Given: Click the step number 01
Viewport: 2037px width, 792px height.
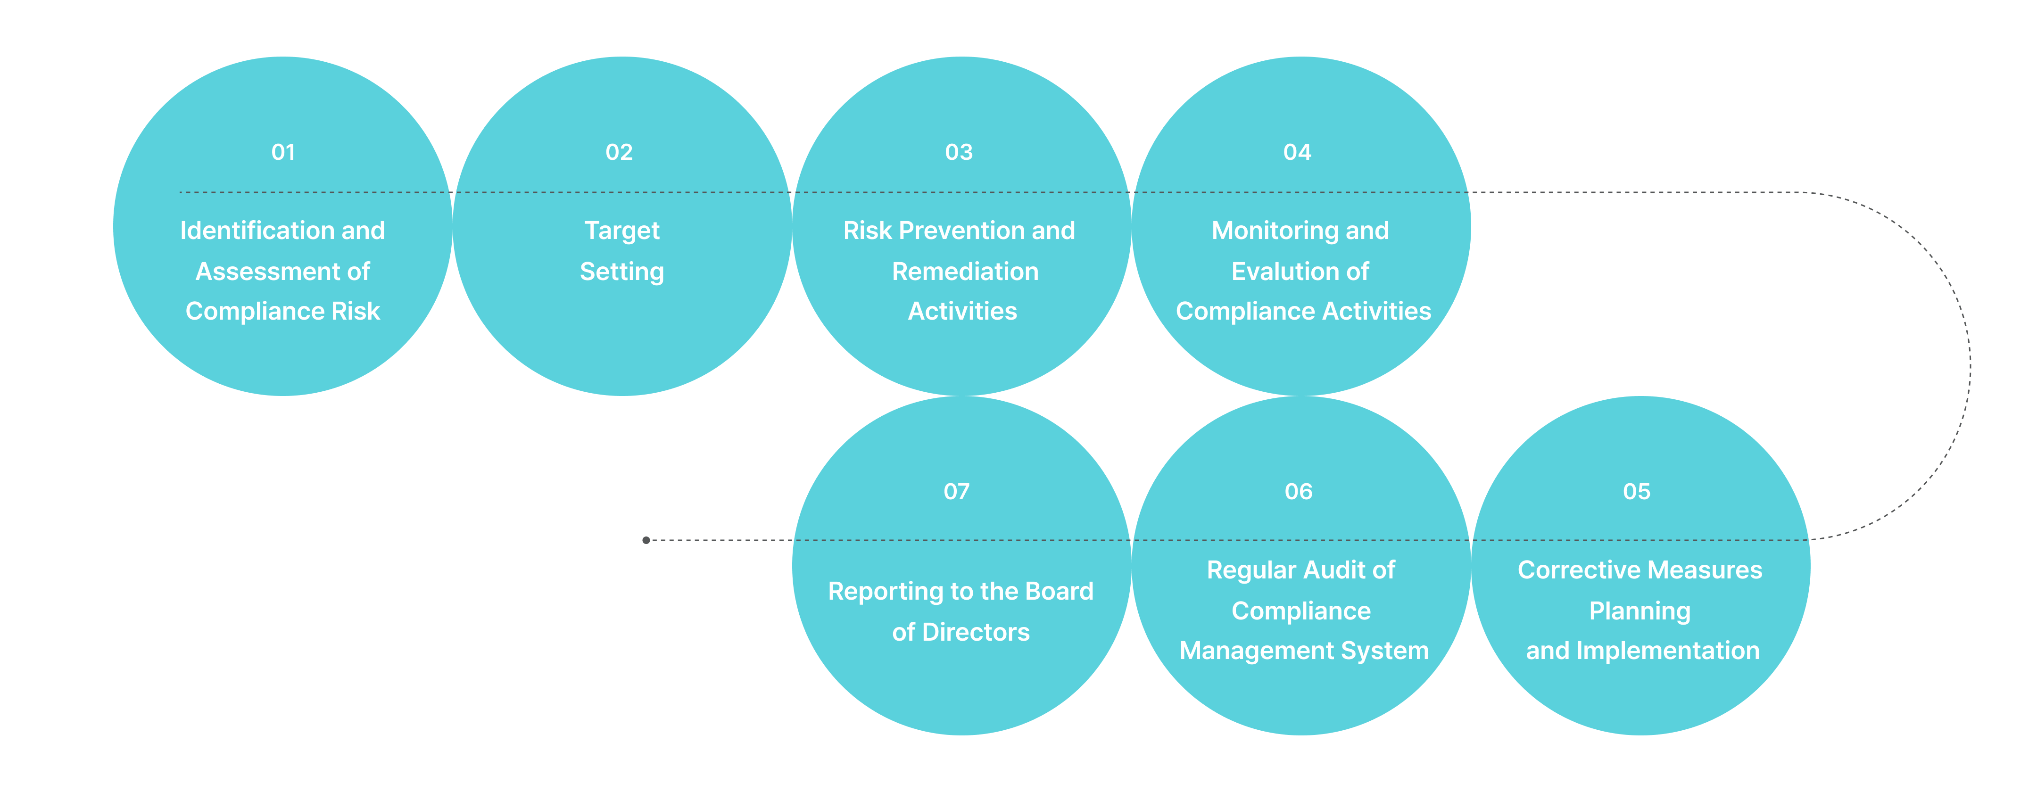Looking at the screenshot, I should click(283, 152).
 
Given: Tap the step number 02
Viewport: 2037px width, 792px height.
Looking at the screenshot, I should click(619, 152).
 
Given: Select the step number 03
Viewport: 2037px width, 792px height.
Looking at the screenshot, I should click(959, 152).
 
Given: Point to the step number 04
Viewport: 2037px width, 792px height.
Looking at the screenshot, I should click(1297, 152).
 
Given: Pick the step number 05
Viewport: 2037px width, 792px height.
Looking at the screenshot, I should click(1636, 492).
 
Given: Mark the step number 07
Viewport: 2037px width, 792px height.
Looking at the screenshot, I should click(956, 492).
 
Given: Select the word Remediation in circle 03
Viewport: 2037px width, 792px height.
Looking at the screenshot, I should click(965, 271).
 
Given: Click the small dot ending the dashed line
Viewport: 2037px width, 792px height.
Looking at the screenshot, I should click(646, 540).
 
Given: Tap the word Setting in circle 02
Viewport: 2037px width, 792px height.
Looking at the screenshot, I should click(621, 271).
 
